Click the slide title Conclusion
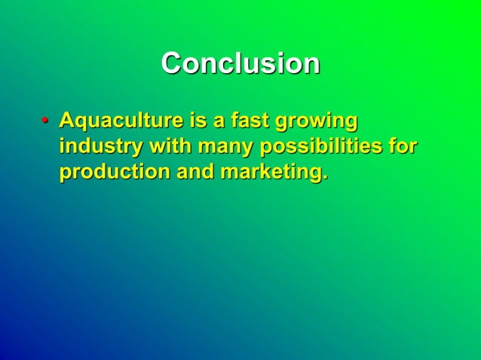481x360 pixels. pyautogui.click(x=240, y=63)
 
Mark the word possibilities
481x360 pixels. pyautogui.click(x=320, y=146)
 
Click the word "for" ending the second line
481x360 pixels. pyautogui.click(x=403, y=146)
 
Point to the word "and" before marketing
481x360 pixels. pyautogui.click(x=195, y=172)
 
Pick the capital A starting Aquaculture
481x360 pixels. pyautogui.click(x=67, y=121)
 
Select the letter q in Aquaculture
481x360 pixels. pyautogui.click(x=81, y=124)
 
